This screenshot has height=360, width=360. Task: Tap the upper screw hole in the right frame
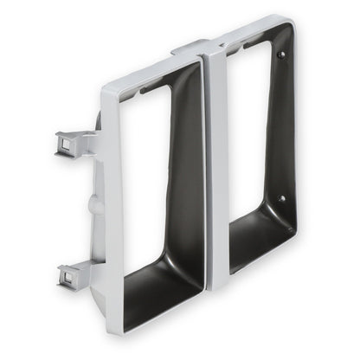pyautogui.click(x=281, y=55)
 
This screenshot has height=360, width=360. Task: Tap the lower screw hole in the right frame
pyautogui.click(x=281, y=198)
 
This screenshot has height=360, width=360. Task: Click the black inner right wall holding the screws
pyautogui.click(x=284, y=130)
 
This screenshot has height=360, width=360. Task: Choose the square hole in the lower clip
pyautogui.click(x=66, y=278)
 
